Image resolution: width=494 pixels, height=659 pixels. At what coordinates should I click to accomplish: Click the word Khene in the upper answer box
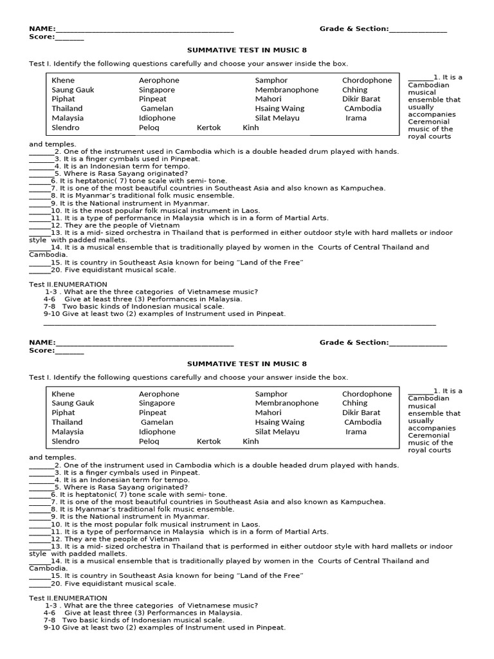point(63,80)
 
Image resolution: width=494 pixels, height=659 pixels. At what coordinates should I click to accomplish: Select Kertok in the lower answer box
point(208,441)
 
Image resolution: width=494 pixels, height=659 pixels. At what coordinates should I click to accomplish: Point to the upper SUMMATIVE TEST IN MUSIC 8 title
point(246,50)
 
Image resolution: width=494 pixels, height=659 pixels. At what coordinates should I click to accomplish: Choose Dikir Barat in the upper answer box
point(361,99)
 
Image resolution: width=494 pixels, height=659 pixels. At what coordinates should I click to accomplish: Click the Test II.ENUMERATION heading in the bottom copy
point(68,598)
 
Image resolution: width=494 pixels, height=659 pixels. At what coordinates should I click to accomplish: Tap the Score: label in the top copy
point(41,37)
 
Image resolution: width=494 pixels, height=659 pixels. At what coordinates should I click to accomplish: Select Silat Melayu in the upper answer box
point(277,118)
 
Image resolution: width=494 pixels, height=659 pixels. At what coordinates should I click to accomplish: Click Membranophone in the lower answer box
point(286,403)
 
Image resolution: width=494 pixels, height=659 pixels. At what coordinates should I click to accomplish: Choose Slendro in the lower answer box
point(66,441)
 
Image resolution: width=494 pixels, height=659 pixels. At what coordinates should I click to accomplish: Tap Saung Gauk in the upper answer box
point(73,90)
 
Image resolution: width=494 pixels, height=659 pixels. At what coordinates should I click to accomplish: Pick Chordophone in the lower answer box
point(367,394)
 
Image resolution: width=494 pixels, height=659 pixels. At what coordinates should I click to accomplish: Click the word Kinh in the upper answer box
point(250,127)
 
